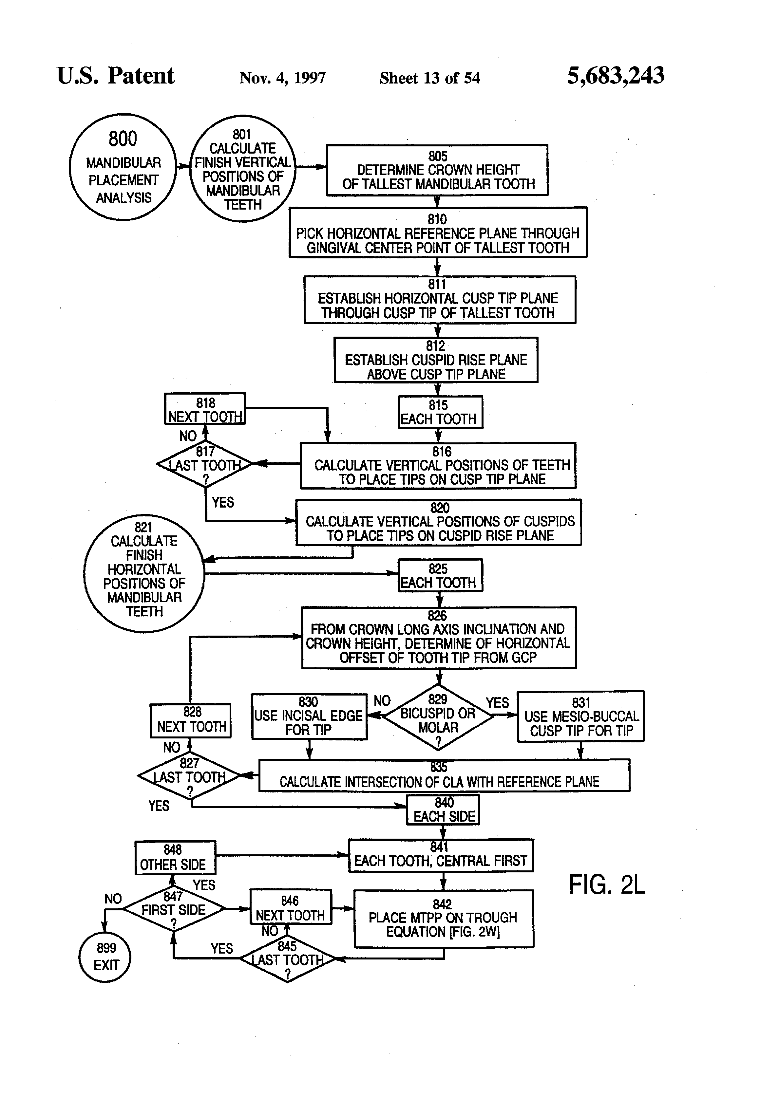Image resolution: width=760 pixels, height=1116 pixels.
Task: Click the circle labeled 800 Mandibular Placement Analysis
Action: [x=123, y=167]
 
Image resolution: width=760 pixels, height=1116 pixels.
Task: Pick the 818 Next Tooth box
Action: [x=205, y=409]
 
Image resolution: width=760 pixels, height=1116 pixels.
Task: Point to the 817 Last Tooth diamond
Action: [x=205, y=464]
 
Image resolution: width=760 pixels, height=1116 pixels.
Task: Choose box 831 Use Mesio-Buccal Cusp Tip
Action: [x=580, y=716]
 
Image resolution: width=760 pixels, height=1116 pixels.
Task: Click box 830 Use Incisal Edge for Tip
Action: [x=309, y=716]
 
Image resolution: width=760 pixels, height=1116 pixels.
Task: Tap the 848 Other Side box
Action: [x=175, y=858]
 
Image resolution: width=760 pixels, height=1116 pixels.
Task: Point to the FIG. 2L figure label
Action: [x=607, y=884]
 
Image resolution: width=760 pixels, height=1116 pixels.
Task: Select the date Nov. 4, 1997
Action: [x=282, y=78]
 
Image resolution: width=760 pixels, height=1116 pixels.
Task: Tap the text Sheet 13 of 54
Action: [x=429, y=78]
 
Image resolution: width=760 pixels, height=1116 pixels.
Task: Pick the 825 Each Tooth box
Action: [x=440, y=575]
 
